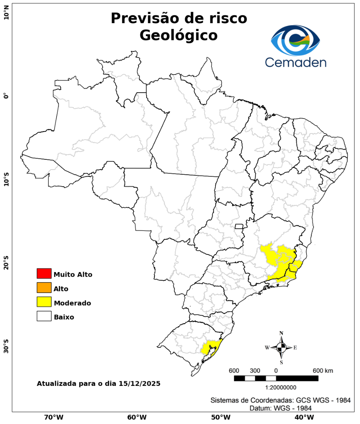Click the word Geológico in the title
178,35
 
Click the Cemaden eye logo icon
295,40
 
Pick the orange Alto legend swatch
44,288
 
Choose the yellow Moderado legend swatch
44,302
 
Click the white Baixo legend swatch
44,316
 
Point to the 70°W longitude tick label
53,417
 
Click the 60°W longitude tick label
137,417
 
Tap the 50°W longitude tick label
220,417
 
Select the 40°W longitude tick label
303,417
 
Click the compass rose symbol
281,348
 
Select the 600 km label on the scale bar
323,371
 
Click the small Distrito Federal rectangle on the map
239,226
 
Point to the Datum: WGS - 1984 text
281,408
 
